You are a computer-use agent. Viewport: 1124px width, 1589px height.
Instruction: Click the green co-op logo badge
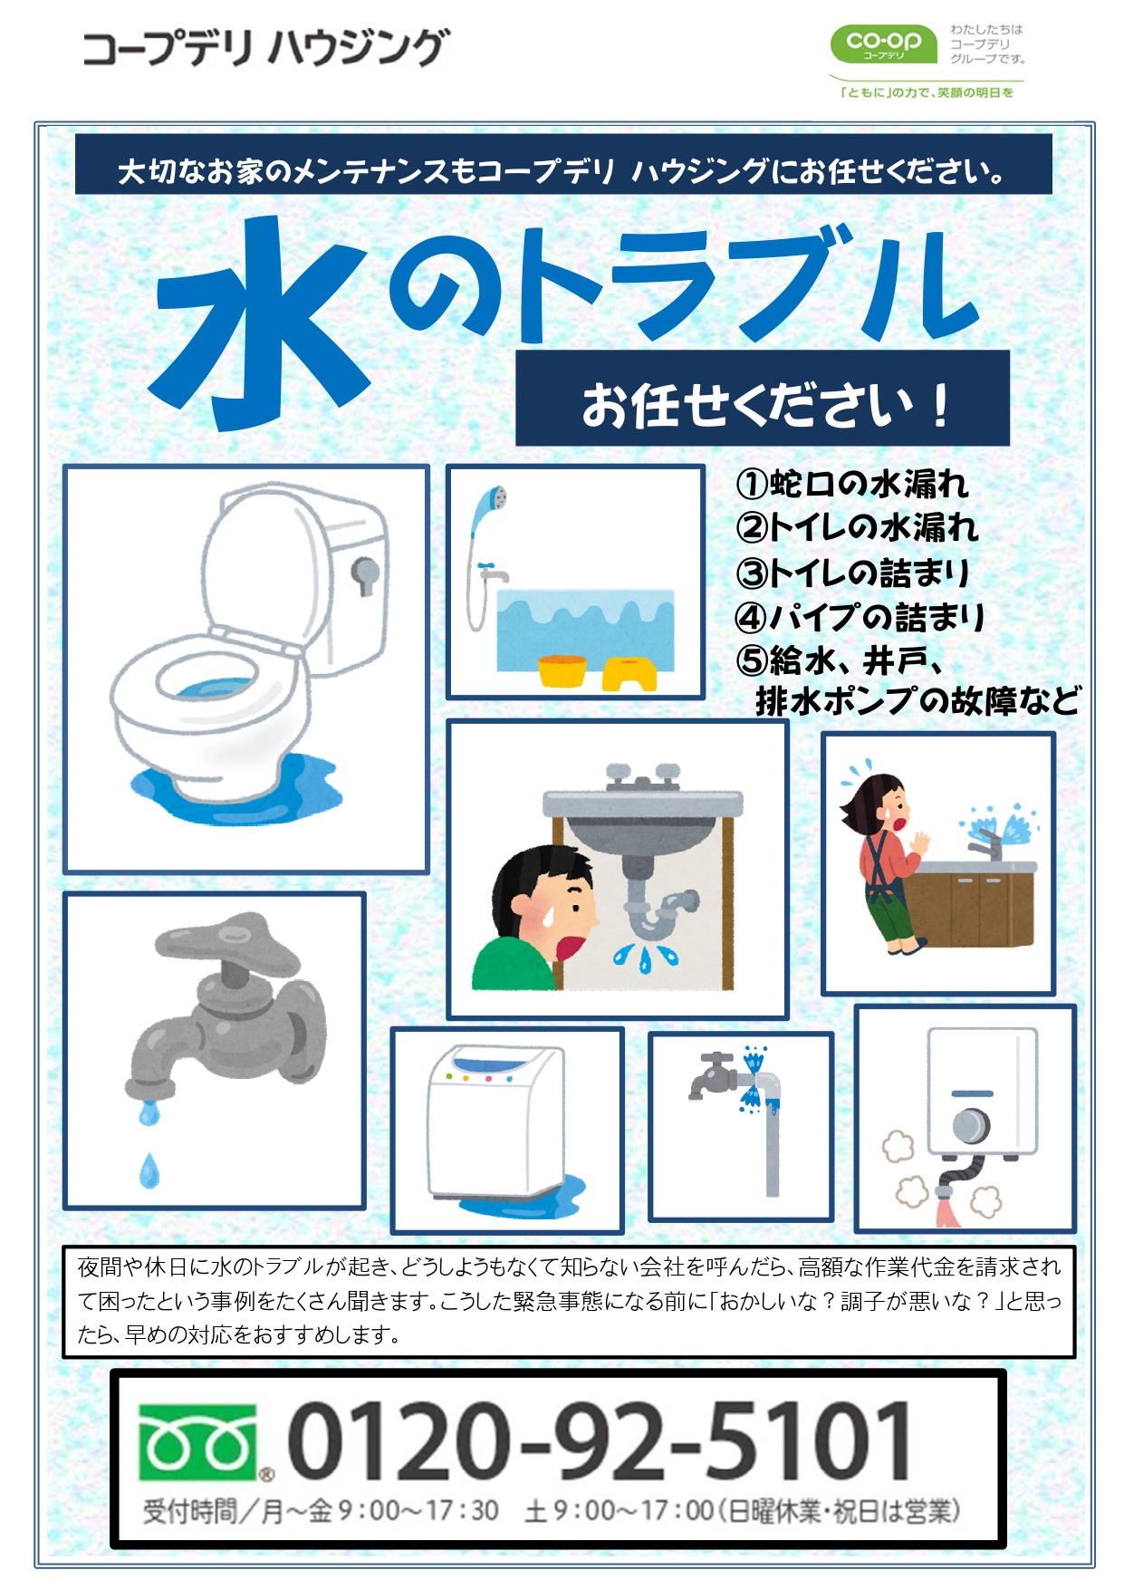click(x=883, y=43)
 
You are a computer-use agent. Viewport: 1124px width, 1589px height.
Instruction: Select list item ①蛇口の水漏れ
click(x=852, y=484)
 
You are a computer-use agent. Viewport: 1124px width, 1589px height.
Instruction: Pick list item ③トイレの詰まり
click(x=852, y=572)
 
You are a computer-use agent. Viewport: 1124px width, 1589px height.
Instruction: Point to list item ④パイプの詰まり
click(x=860, y=617)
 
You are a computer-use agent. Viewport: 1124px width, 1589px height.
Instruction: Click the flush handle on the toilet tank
click(x=365, y=574)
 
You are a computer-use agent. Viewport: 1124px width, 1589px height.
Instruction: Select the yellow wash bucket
click(x=562, y=670)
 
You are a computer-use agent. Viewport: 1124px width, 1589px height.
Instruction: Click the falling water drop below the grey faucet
click(x=149, y=1170)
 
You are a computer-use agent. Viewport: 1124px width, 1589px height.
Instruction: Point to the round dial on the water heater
click(x=970, y=1125)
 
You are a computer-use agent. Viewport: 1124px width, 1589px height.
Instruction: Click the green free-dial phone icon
click(x=197, y=1441)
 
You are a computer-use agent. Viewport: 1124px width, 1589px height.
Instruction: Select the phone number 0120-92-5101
click(x=599, y=1440)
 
